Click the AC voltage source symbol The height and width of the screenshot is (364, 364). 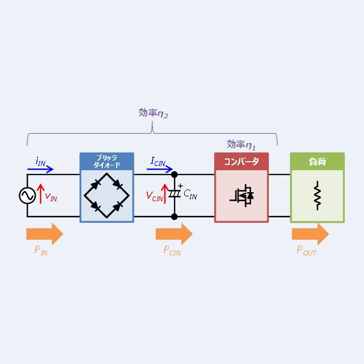(27, 196)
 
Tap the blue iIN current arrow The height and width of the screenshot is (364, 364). (40, 169)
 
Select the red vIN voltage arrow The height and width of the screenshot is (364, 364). (41, 194)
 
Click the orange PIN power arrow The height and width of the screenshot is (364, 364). (45, 234)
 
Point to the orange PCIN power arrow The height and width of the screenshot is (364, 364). (174, 234)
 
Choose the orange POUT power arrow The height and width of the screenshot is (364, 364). (310, 234)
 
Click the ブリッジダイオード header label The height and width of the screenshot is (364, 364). (107, 161)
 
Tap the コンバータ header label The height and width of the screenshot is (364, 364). (241, 161)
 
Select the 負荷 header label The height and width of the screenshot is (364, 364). (317, 161)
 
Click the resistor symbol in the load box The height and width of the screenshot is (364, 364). (317, 196)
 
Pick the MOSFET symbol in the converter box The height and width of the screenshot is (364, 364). (242, 196)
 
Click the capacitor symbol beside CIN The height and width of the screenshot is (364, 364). (175, 194)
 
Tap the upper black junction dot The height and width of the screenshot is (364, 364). (175, 175)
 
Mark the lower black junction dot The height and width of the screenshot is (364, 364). (175, 217)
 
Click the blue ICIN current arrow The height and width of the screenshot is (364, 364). (160, 169)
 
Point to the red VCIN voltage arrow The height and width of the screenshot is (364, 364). (165, 194)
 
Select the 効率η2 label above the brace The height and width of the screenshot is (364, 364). (153, 113)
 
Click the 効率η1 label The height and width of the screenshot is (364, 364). (241, 145)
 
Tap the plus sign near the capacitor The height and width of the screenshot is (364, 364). (180, 186)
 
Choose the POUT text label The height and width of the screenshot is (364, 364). (307, 251)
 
